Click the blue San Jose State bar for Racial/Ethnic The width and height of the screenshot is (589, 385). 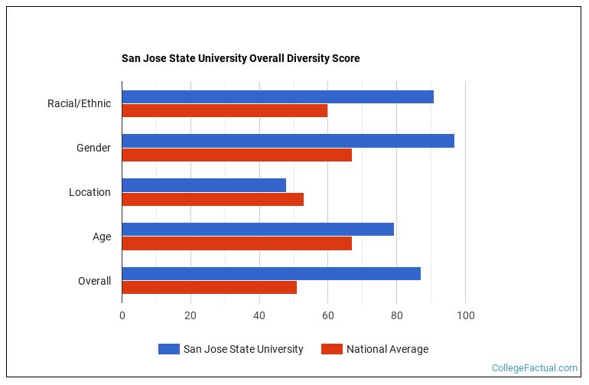(x=278, y=96)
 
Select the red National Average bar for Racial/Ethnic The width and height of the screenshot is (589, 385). (x=225, y=110)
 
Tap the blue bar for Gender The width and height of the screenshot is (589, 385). (x=288, y=141)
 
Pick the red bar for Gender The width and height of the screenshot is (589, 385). (x=236, y=155)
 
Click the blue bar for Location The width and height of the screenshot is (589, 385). (x=203, y=185)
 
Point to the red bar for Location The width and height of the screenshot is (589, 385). (x=213, y=199)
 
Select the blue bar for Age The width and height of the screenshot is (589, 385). (x=258, y=230)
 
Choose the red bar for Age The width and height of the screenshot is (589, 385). (x=236, y=243)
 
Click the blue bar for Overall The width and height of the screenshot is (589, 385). (x=271, y=273)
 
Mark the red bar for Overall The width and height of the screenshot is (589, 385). (x=209, y=287)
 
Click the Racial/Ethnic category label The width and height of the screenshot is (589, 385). (x=79, y=103)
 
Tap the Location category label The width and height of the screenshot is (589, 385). (x=89, y=192)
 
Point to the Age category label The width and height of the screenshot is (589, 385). (x=102, y=237)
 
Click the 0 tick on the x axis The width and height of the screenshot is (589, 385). (x=122, y=315)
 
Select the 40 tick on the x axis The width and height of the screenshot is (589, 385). (x=259, y=315)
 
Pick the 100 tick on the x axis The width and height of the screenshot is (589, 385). (x=465, y=315)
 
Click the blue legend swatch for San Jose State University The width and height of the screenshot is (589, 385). (x=168, y=349)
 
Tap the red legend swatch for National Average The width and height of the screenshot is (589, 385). (x=331, y=349)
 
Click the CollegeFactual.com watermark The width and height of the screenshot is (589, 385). (x=535, y=368)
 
